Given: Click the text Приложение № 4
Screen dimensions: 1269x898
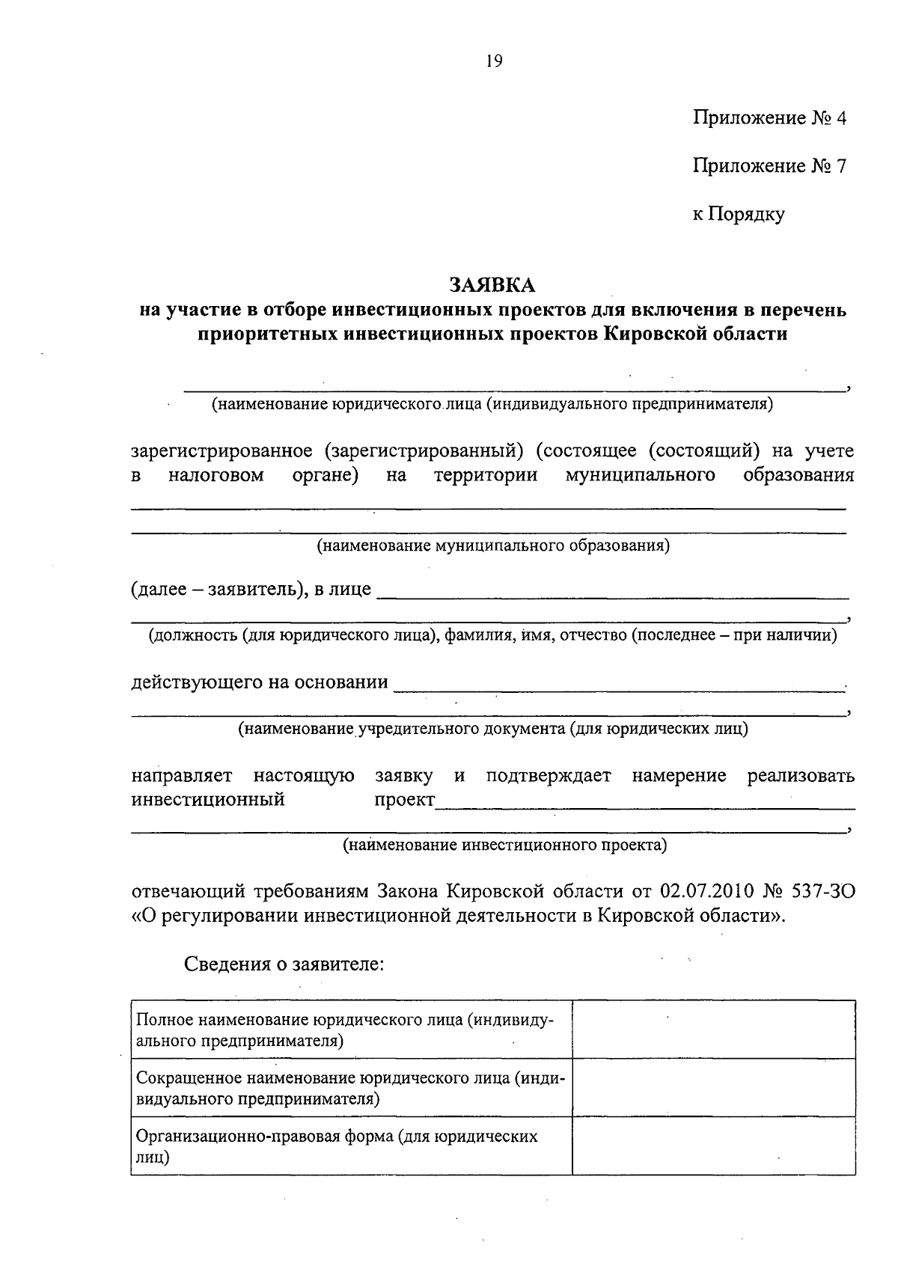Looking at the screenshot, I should tap(769, 118).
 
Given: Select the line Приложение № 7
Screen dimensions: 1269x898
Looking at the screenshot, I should tap(769, 166).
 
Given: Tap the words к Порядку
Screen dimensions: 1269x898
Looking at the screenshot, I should tap(738, 215).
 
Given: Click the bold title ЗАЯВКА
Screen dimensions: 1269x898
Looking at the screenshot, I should tap(492, 285).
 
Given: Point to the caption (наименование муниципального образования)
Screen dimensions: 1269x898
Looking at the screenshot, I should tap(492, 545).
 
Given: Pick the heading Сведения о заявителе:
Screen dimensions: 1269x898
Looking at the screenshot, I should tap(284, 964).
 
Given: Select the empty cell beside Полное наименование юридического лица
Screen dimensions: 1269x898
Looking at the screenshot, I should tap(713, 1030).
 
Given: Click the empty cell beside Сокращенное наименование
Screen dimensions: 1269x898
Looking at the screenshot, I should tap(713, 1087).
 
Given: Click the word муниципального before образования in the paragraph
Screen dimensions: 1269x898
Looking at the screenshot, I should tap(641, 476).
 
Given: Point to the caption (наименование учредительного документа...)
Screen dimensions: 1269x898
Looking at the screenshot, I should tap(492, 728).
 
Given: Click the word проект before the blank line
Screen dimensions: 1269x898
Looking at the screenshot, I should tap(404, 800).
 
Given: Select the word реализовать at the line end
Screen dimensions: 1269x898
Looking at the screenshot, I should tap(800, 776).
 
